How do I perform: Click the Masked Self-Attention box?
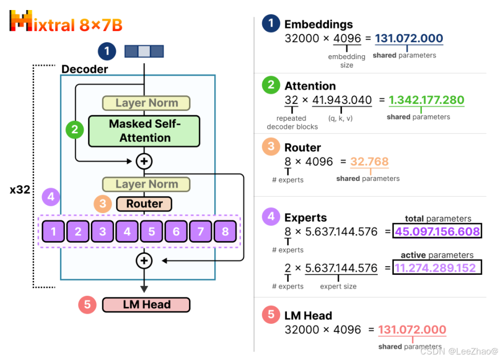click(x=144, y=131)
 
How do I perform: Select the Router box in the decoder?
click(x=144, y=204)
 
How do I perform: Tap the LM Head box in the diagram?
click(x=146, y=304)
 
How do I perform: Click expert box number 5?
click(x=151, y=232)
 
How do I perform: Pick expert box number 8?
click(x=225, y=232)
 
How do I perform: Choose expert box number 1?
click(x=54, y=232)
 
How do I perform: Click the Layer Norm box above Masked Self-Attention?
click(x=146, y=103)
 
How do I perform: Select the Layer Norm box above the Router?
click(x=146, y=184)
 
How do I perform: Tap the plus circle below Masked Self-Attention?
click(x=144, y=161)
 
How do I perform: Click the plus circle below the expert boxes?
click(x=144, y=260)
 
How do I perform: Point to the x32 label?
click(x=19, y=190)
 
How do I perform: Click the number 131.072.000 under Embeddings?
click(x=409, y=39)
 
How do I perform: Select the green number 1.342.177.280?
click(x=426, y=100)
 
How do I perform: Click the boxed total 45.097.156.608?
click(x=437, y=232)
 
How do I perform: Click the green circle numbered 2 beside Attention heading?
click(x=271, y=85)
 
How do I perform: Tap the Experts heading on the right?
click(x=305, y=218)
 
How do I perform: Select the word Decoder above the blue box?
click(x=84, y=69)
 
